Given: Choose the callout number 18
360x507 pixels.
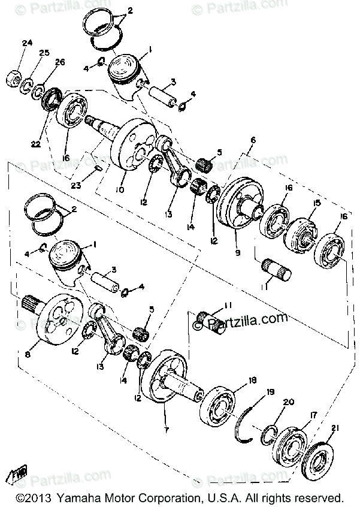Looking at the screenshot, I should [x=253, y=380].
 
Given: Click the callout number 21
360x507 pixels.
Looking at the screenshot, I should [x=334, y=427].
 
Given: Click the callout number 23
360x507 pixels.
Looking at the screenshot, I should [x=75, y=186].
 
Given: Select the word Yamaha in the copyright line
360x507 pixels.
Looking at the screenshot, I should [x=82, y=499].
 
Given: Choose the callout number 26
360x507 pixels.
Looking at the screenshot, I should [x=60, y=62].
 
